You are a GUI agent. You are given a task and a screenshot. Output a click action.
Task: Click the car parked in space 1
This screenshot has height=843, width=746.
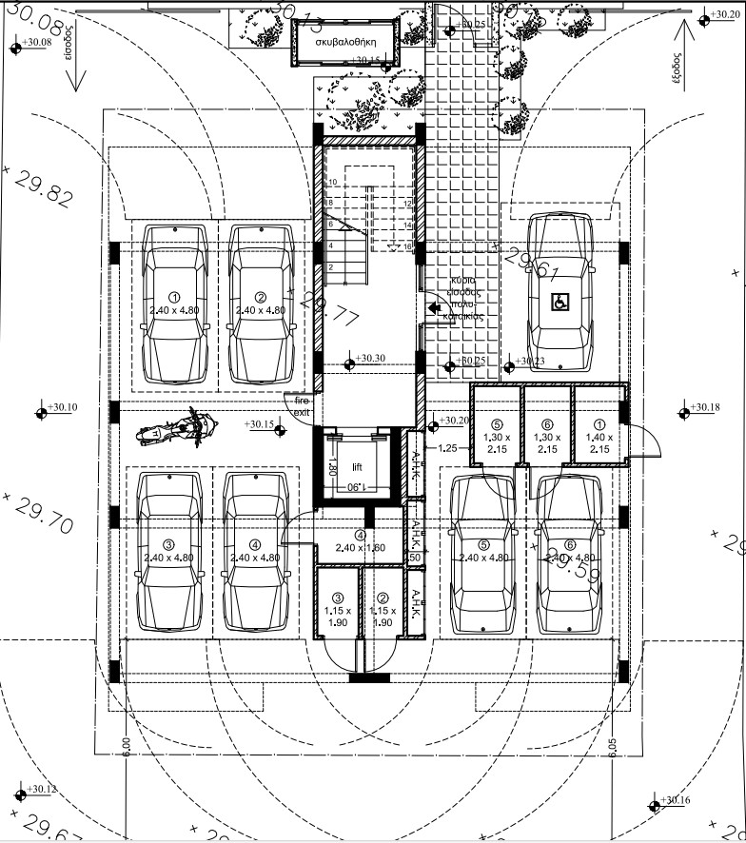click(174, 303)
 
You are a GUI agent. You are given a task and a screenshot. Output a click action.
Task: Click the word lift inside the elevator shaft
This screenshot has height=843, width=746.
click(357, 467)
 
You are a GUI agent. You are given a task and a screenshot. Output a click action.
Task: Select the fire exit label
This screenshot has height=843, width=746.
click(301, 408)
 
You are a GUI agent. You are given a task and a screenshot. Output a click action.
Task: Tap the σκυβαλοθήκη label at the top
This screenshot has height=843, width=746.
click(348, 43)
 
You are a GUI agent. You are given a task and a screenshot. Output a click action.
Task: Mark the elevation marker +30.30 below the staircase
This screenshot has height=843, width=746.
click(366, 359)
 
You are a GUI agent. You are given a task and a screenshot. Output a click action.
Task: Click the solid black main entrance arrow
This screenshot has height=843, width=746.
click(435, 307)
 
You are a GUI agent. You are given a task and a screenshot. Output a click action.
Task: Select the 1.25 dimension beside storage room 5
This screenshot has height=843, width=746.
click(449, 446)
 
